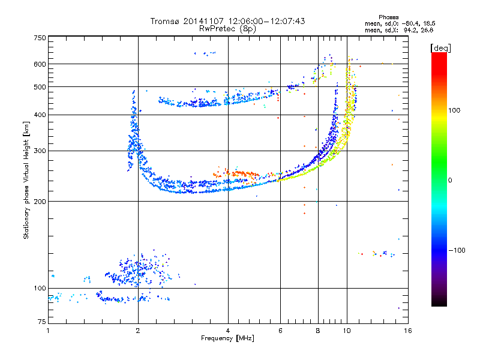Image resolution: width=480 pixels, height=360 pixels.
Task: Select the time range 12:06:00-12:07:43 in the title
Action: click(x=266, y=21)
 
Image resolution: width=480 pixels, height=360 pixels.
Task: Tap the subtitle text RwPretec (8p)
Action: click(x=227, y=29)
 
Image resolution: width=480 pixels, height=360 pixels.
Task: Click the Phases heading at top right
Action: click(x=388, y=17)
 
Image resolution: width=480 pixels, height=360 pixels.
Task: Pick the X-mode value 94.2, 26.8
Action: click(x=418, y=30)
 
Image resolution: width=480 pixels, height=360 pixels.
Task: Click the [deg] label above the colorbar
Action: click(x=440, y=48)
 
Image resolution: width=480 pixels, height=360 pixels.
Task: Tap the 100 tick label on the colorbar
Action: click(x=454, y=110)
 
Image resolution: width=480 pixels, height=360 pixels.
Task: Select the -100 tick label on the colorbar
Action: click(x=457, y=250)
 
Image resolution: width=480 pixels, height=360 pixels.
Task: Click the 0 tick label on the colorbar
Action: click(x=450, y=181)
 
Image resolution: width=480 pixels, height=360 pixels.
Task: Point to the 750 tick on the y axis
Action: click(x=40, y=38)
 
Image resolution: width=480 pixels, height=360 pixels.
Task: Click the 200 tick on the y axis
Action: click(x=40, y=202)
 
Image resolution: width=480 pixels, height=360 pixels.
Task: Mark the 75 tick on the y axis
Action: click(x=42, y=322)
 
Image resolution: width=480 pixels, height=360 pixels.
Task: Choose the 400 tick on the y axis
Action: click(x=40, y=115)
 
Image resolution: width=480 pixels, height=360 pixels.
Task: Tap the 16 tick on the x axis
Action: click(x=408, y=331)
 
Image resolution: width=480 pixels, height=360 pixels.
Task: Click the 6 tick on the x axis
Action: click(x=280, y=331)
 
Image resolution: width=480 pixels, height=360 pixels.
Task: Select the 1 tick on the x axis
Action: click(x=48, y=331)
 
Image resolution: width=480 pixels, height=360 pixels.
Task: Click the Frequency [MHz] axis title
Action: click(x=227, y=338)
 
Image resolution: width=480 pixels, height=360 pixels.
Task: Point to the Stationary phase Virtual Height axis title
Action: click(x=26, y=180)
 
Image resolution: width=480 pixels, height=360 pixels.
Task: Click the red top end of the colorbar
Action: click(x=439, y=55)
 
